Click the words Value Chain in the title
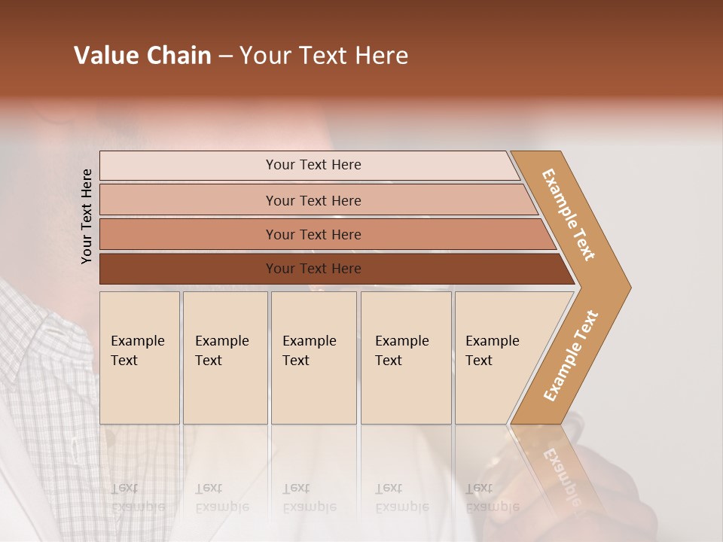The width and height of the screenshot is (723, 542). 142,56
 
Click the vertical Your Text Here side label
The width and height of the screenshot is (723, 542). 87,216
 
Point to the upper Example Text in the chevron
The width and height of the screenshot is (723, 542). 569,215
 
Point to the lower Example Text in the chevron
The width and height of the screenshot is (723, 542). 571,355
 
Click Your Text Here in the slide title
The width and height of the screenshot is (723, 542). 324,56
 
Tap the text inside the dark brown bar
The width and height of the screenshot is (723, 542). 313,269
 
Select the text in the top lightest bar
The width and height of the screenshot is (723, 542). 313,165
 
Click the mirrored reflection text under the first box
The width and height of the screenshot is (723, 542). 138,498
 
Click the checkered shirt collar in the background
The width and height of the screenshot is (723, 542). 38,331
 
